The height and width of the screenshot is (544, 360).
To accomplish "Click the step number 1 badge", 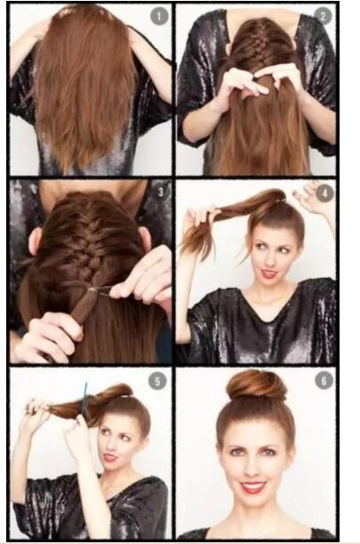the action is tap(159, 16).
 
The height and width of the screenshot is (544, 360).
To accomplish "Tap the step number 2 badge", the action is tap(323, 16).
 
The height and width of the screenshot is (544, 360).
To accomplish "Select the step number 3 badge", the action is tap(161, 192).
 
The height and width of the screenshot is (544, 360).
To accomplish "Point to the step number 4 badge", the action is tap(324, 194).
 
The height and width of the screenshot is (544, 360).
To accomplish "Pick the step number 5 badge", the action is tap(157, 381).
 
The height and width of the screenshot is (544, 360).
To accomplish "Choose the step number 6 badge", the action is tap(324, 381).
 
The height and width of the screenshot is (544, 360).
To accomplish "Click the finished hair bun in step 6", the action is tap(258, 385).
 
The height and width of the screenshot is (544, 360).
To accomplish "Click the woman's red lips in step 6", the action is tap(252, 487).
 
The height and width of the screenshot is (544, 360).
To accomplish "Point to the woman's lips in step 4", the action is tap(270, 273).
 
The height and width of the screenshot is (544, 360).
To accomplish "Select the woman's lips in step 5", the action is tap(110, 458).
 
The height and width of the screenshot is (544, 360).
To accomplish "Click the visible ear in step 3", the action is tap(35, 240).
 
